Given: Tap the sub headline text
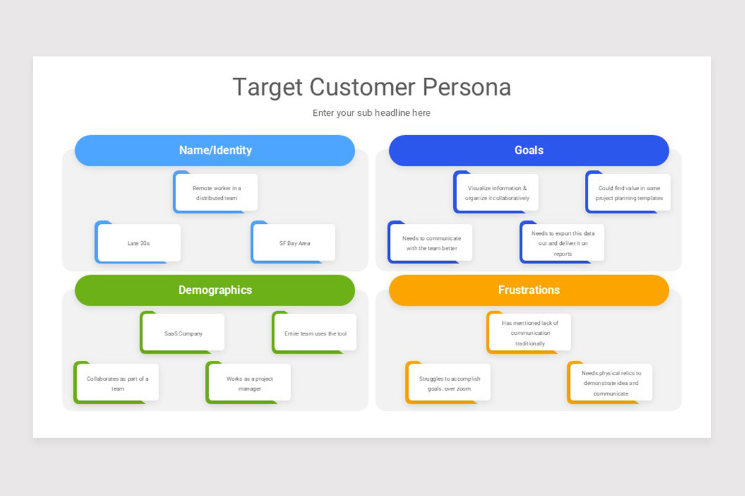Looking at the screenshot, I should pos(371,113).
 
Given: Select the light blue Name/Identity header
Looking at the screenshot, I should pos(215,150).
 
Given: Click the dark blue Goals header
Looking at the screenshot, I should pos(529,150).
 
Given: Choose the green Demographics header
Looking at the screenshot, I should pos(215,290).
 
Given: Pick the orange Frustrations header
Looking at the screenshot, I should pos(529,290).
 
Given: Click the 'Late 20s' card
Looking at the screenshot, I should pos(138,243).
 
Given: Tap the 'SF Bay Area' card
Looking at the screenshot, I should pos(294,243).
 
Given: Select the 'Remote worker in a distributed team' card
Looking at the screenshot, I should pos(216,193).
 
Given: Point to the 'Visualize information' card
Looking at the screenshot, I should pos(497,193).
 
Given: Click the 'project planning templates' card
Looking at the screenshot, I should pos(629,193).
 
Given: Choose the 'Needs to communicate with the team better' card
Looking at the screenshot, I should pos(431,243).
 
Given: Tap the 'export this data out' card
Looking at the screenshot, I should pos(562,243).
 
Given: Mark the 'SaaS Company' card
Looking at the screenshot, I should pos(183,333).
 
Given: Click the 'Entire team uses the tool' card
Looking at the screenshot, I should pos(315,333).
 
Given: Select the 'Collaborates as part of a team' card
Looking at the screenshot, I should pos(117,383).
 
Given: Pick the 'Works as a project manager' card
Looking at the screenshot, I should pos(249,383).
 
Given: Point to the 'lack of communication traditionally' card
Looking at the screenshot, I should pos(530,333).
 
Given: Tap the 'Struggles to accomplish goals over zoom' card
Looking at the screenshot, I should pos(449,383).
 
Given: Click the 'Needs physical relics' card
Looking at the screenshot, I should pos(611,383).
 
